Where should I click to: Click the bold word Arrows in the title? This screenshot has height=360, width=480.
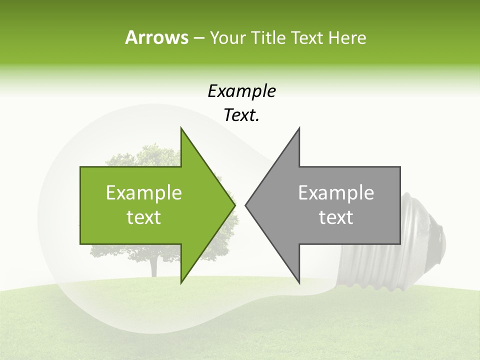tap(156, 37)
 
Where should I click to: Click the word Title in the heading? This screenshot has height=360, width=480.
tap(268, 38)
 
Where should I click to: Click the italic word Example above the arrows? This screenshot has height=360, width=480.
tap(241, 91)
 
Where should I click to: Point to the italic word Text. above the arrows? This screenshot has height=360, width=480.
tap(241, 115)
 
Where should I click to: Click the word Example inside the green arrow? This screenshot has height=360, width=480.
tap(144, 193)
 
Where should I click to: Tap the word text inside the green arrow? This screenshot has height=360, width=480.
tap(144, 217)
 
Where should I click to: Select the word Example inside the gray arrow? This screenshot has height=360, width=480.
tap(336, 193)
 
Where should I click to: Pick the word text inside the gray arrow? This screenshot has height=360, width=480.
tap(336, 217)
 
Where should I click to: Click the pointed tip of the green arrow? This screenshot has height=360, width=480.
tap(234, 204)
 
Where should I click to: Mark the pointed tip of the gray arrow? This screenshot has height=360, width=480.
tap(246, 204)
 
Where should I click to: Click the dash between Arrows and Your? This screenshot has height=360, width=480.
tap(198, 38)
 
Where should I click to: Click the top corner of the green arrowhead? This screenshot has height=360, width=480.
tap(182, 129)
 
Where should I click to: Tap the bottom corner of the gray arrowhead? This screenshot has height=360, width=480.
tap(299, 281)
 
